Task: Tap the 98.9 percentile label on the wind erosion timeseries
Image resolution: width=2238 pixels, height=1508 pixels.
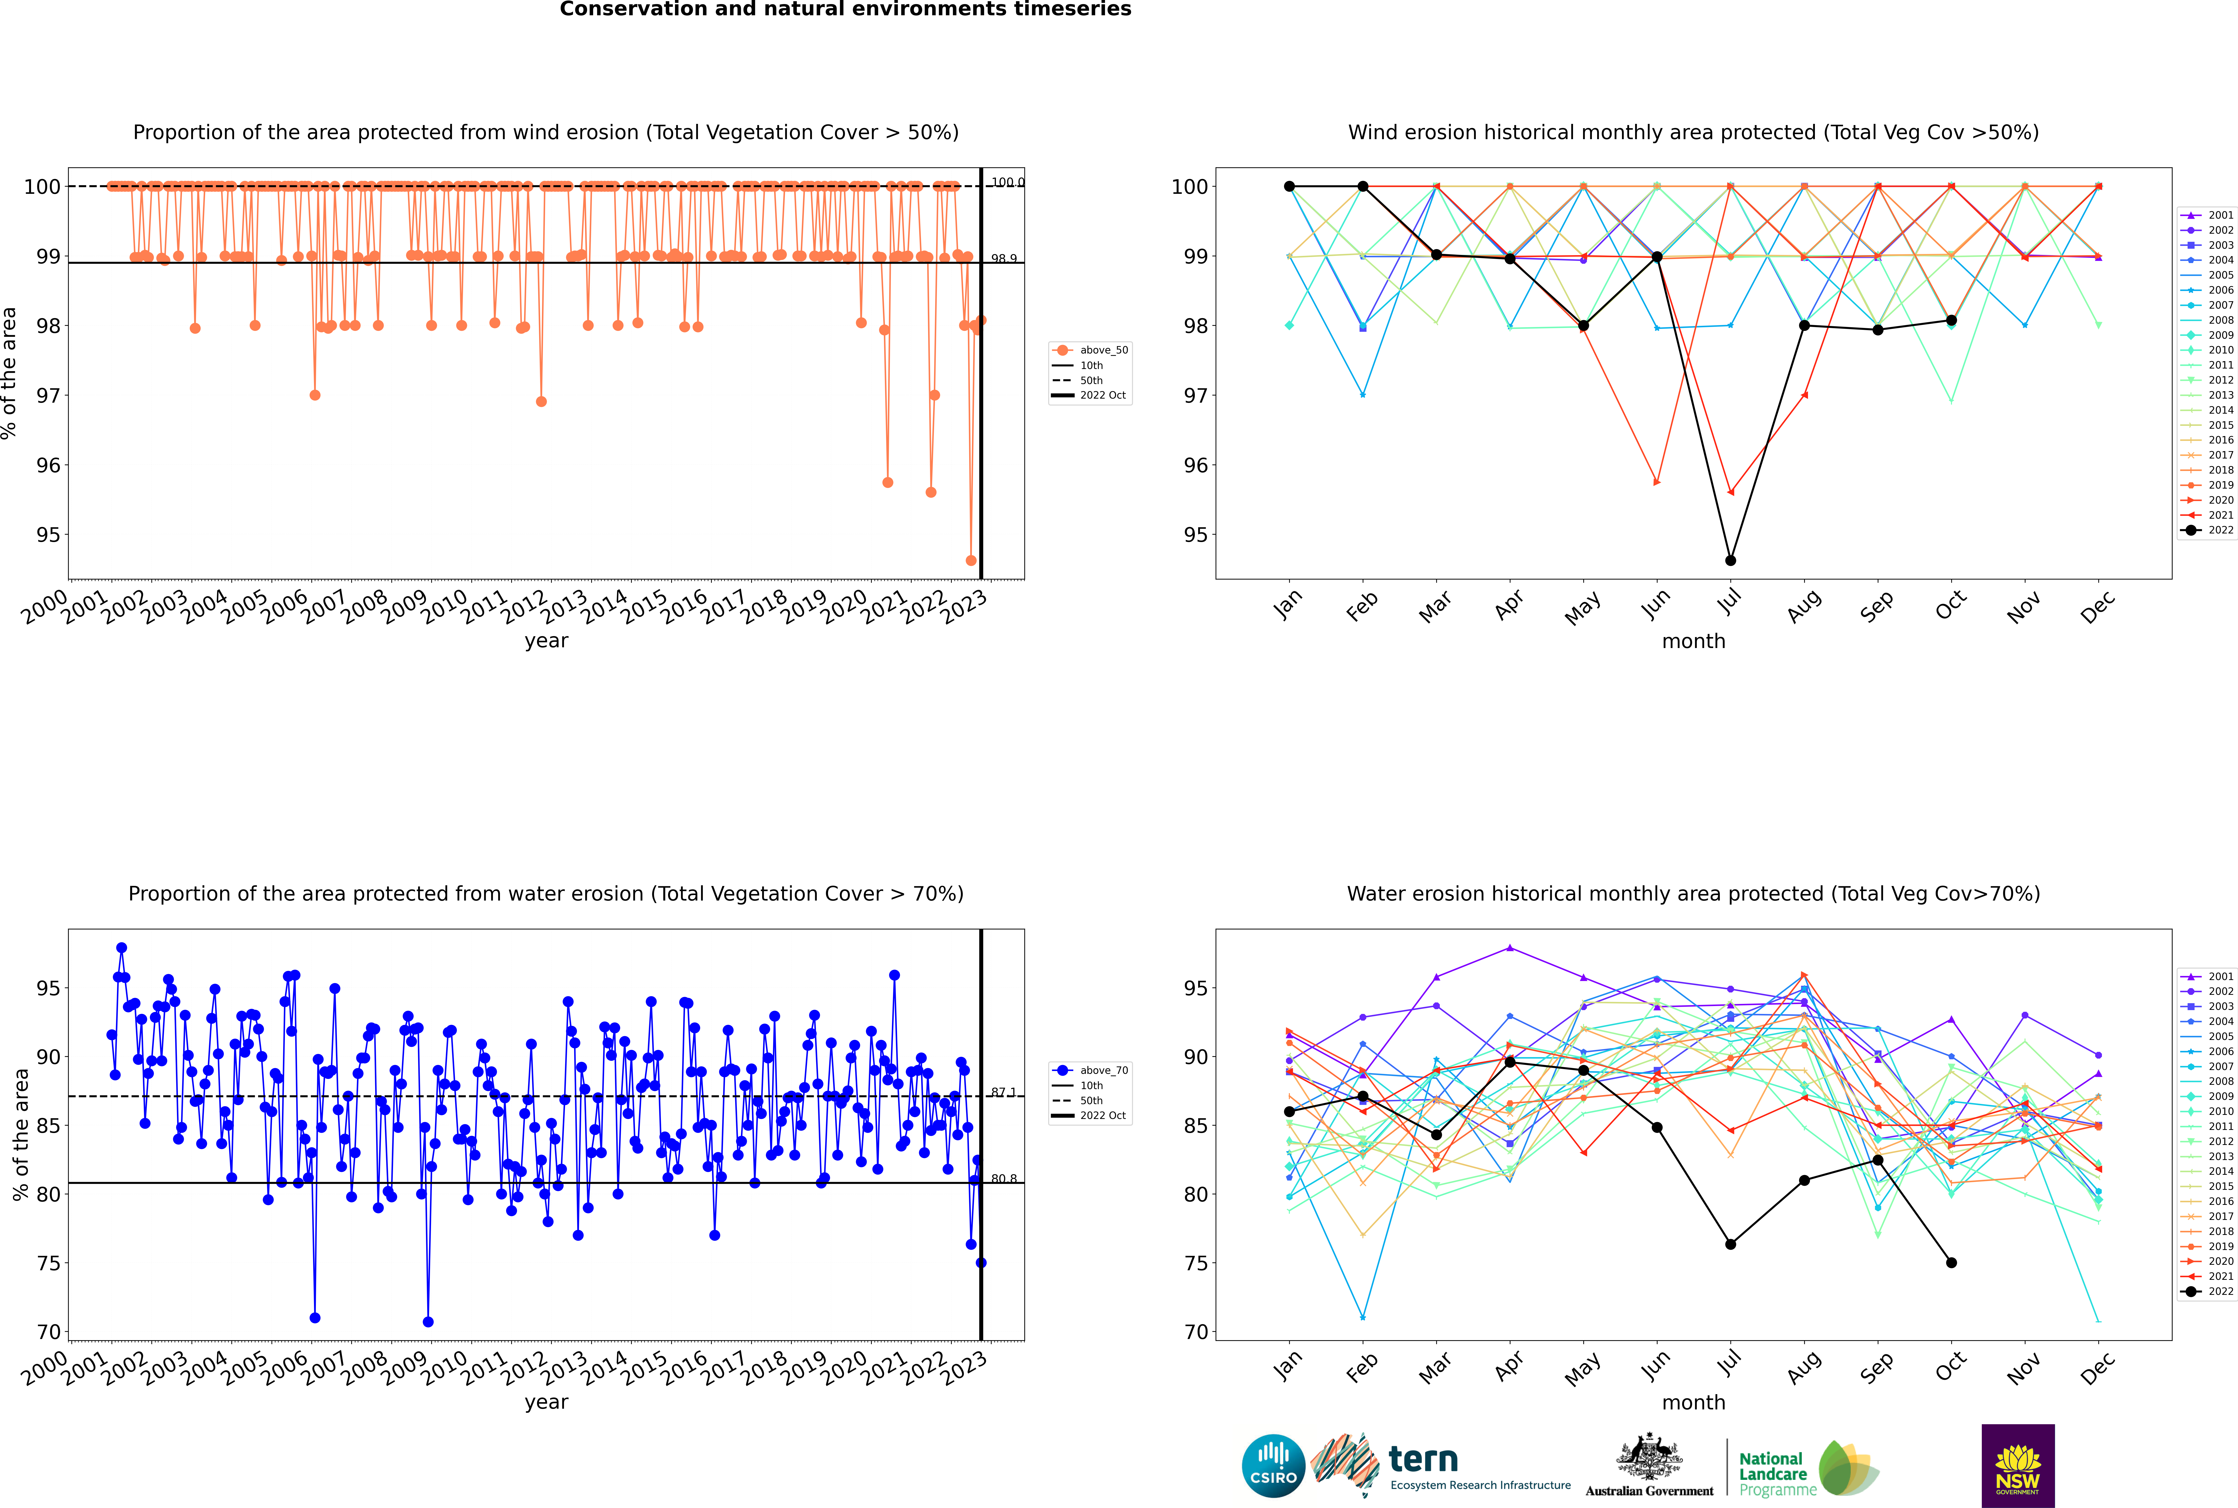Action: click(1004, 259)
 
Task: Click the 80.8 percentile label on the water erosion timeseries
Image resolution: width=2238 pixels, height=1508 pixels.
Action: click(1004, 1178)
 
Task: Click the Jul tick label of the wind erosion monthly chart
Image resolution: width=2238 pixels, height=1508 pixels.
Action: click(1730, 602)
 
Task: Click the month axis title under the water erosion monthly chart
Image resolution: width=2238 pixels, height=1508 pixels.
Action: click(1693, 1402)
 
